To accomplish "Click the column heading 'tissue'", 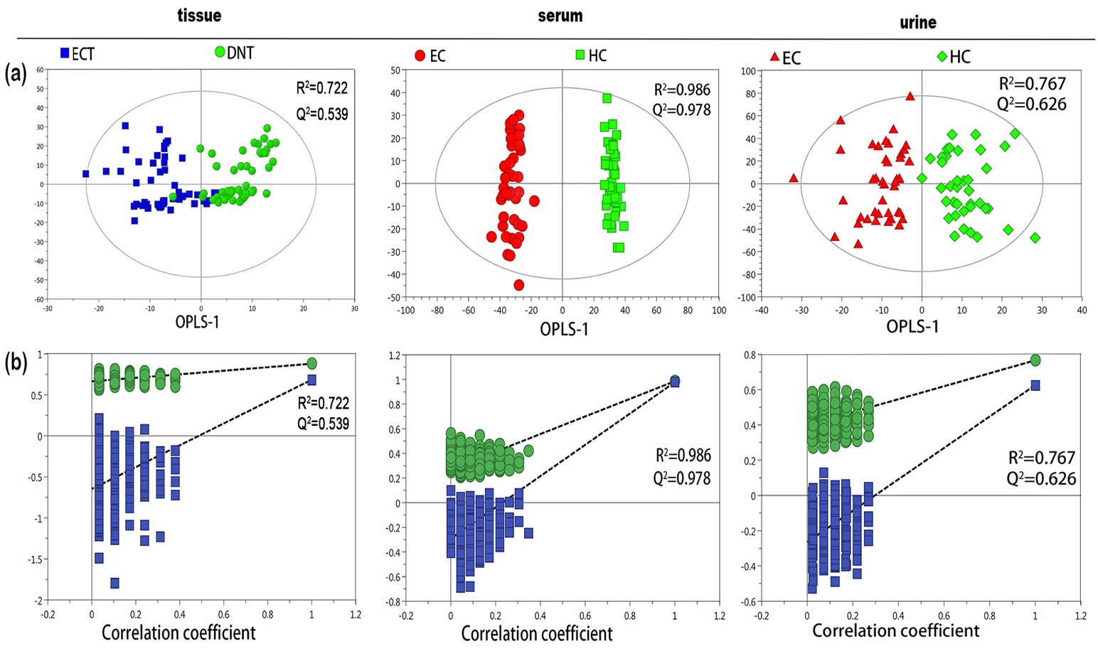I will (199, 15).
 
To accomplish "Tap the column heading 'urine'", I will (918, 22).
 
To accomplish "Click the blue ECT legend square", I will (65, 53).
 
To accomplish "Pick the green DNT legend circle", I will (220, 52).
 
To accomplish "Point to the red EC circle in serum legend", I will (420, 55).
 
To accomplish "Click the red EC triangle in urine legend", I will (774, 57).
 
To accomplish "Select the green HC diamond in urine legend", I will (942, 56).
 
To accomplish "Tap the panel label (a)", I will (16, 72).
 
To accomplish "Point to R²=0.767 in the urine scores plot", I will (1033, 84).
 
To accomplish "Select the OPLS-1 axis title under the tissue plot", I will (198, 322).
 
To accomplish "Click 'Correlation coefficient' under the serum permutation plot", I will (537, 633).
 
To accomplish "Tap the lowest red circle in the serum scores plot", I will (519, 285).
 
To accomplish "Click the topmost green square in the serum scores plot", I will (607, 98).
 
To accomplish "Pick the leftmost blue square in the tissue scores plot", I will (86, 173).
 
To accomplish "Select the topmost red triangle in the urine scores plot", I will (910, 96).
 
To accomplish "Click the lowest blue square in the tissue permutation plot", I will (114, 583).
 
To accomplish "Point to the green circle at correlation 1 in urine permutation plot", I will (1035, 360).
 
